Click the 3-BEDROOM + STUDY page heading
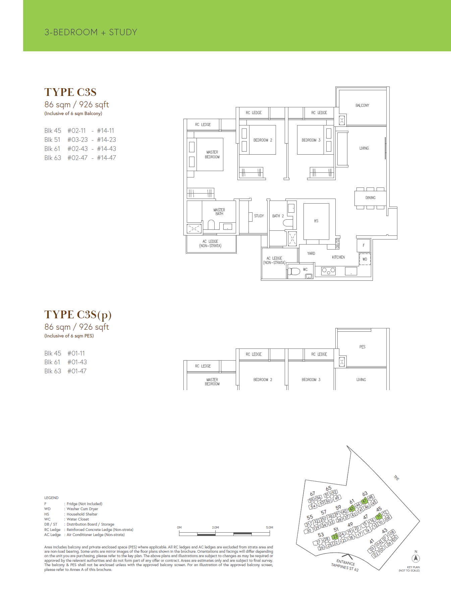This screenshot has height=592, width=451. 91,32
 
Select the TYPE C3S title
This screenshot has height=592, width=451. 70,92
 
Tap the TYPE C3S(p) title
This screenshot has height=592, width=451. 78,315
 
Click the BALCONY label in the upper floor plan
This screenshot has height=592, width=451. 362,105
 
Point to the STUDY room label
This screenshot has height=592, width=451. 259,216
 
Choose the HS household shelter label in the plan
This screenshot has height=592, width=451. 316,221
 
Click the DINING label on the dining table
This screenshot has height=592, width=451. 370,198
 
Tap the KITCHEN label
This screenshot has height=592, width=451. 338,257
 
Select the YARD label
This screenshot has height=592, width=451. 311,254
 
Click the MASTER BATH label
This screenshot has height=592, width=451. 219,212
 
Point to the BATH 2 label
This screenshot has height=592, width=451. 278,216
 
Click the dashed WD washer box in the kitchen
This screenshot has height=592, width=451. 365,259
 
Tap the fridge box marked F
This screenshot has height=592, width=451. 363,246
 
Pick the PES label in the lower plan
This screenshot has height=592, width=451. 362,347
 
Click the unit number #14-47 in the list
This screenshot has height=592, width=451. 106,158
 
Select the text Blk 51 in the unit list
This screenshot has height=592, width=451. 52,140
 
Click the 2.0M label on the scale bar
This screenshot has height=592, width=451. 215,528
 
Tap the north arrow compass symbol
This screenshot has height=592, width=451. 416,558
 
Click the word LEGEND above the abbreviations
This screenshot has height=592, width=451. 51,498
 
